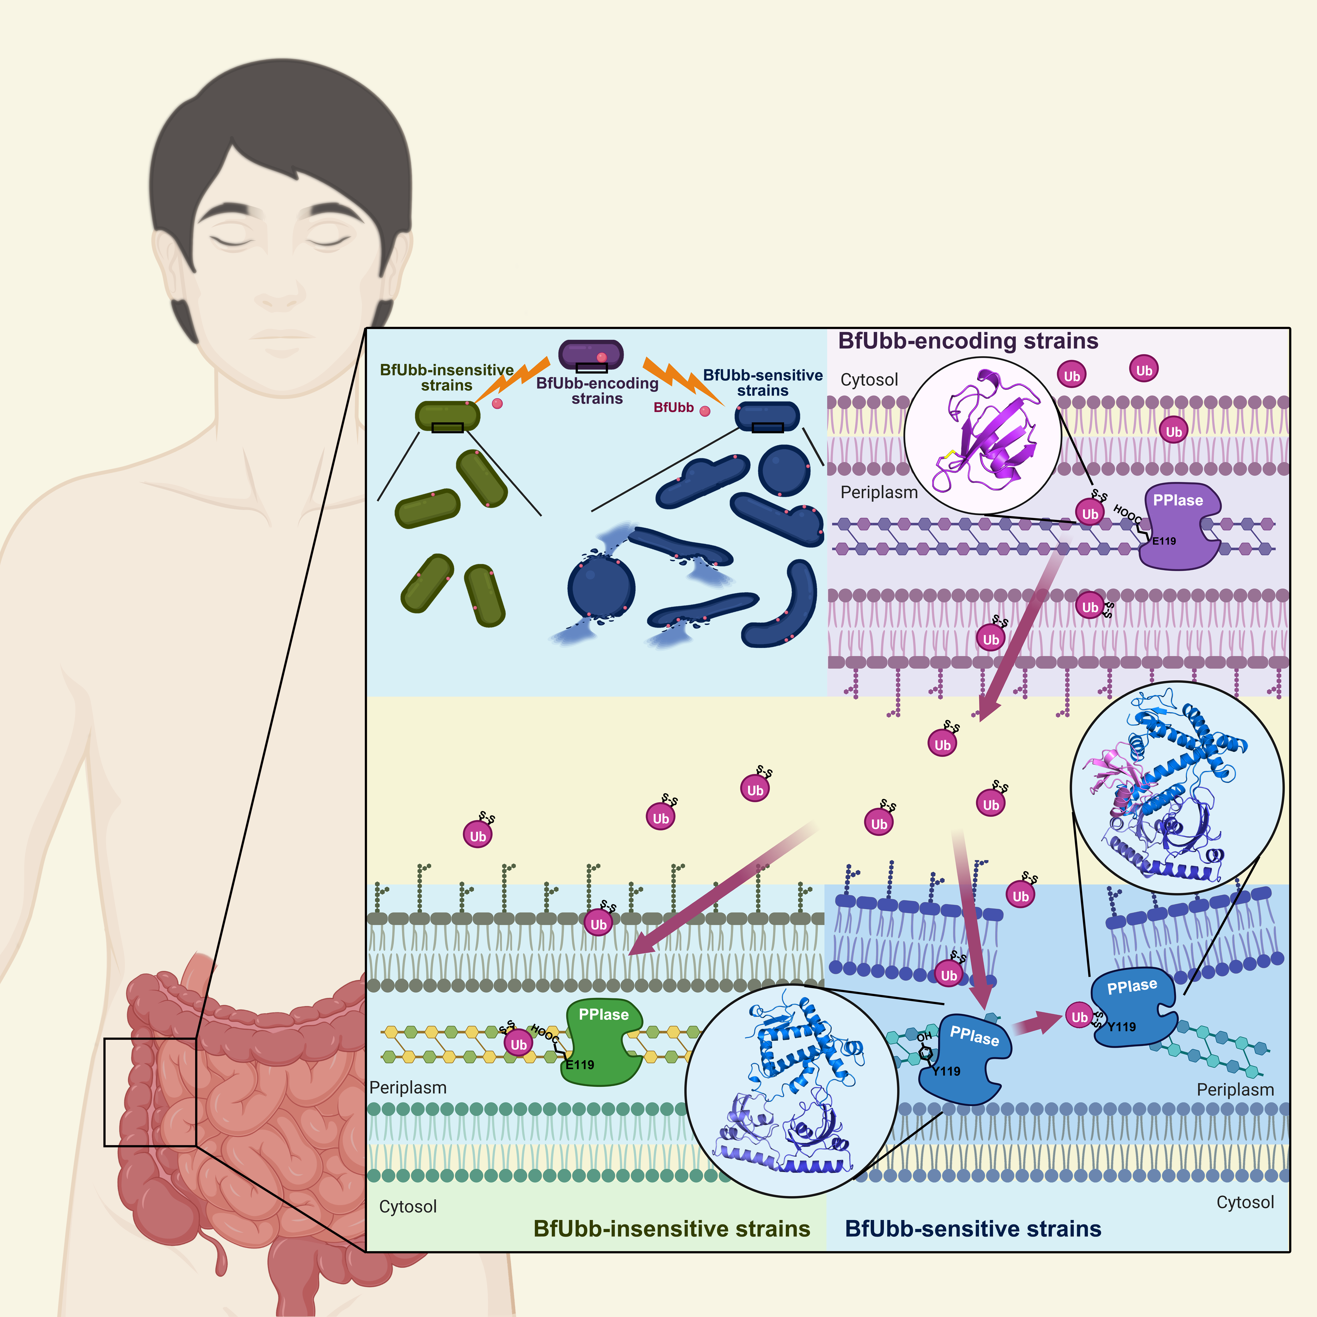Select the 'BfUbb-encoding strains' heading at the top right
click(968, 341)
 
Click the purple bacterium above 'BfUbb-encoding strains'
click(590, 354)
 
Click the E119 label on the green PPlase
click(580, 1065)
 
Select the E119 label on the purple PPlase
click(1164, 541)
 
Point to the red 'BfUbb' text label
click(673, 408)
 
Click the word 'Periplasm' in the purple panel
click(879, 492)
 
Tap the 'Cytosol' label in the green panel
click(408, 1207)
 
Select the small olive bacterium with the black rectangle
click(447, 416)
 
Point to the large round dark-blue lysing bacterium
click(601, 588)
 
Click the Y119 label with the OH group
click(946, 1071)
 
